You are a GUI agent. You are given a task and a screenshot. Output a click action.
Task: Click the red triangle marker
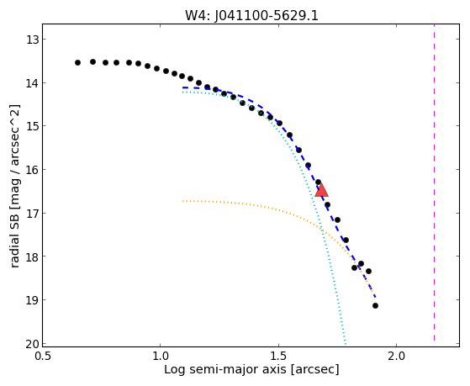click(322, 190)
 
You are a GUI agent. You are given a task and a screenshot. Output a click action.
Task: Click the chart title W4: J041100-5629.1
click(251, 15)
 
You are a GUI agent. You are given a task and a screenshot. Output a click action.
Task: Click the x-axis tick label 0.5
click(43, 356)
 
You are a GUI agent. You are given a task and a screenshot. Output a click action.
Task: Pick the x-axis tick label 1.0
click(161, 356)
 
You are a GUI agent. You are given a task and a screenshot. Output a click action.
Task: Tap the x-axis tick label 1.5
click(279, 356)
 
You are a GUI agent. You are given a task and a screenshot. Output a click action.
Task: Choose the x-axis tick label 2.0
click(397, 356)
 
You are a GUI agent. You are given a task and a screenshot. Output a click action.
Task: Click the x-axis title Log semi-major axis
click(225, 369)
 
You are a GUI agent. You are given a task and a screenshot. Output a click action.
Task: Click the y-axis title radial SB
click(14, 237)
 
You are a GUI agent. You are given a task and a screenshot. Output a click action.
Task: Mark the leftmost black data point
click(77, 63)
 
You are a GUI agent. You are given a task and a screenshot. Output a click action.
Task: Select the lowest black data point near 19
click(375, 305)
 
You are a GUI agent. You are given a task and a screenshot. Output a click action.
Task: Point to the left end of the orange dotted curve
click(182, 201)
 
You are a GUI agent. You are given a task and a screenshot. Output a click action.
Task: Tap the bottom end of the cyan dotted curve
click(346, 344)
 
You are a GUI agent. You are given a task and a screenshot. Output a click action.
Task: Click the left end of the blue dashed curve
click(182, 87)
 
